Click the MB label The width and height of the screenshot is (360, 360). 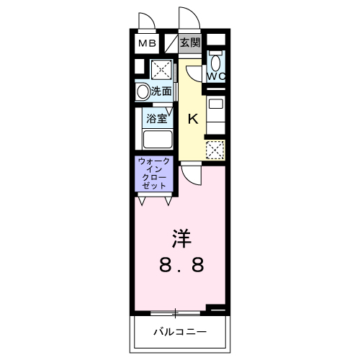tap(147, 43)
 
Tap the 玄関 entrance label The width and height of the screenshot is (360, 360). tap(190, 42)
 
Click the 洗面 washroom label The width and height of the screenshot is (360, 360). tap(161, 91)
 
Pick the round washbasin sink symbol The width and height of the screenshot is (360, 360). tap(142, 91)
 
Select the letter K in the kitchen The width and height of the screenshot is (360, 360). tap(193, 120)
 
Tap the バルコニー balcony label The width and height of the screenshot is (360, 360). tap(180, 332)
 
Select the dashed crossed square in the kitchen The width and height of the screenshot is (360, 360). tap(215, 149)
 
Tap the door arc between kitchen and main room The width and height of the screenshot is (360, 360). tap(191, 174)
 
